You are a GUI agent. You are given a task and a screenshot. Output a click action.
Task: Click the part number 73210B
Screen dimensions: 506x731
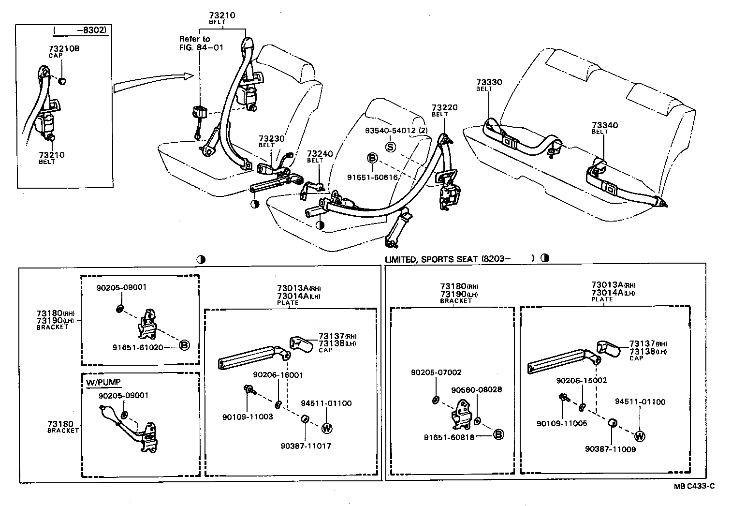coord(64,48)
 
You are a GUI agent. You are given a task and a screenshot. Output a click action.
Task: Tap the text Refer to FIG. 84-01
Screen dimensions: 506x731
coord(195,43)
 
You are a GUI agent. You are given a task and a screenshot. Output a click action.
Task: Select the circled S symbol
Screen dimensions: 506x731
coord(390,147)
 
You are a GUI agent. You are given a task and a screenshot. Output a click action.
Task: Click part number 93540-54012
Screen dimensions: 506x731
coord(390,131)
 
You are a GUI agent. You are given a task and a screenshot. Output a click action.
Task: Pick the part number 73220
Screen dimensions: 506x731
coord(444,107)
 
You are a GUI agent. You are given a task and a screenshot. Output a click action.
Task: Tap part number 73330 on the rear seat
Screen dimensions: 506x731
coord(489,82)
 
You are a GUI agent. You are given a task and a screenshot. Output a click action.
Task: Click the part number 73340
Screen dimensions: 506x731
coord(605,125)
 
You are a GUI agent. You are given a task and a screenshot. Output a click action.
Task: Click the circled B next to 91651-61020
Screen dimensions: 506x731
coord(184,345)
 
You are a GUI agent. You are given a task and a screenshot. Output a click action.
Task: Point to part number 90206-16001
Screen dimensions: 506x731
coord(278,375)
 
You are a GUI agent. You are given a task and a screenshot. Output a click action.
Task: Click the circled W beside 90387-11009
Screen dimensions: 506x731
coord(640,436)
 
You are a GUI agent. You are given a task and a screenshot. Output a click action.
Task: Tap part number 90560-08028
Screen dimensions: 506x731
coord(477,389)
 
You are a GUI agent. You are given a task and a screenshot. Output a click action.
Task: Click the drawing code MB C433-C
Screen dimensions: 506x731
coord(694,486)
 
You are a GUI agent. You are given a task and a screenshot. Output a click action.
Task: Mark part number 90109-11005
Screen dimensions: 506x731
coord(562,423)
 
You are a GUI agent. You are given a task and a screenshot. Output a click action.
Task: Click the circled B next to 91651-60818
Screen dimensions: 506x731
coord(498,434)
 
